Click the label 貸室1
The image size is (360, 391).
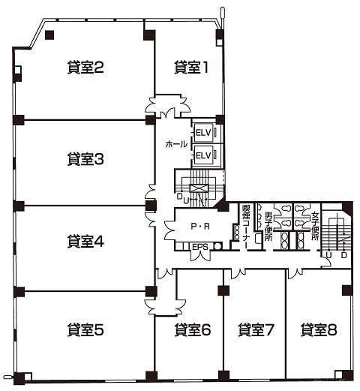pos(191,68)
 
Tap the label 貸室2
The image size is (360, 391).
pos(85,68)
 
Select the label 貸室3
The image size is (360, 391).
pos(85,158)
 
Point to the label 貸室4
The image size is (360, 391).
pos(85,241)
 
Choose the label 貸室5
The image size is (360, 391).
pos(85,329)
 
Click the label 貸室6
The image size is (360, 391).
pos(193,329)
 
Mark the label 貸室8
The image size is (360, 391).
pos(319,329)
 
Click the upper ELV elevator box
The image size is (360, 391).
pos(203,132)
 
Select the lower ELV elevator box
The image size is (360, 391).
pos(203,155)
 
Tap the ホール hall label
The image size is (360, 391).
pos(176,144)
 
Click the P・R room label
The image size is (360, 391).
pos(200,226)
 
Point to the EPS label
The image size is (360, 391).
pos(200,247)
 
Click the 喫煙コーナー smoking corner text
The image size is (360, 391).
pos(246,227)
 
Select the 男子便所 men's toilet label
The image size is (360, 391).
pos(268,227)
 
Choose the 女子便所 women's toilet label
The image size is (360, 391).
pos(315,226)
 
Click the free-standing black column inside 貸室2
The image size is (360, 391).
pos(49,35)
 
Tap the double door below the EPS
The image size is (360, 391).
pos(200,256)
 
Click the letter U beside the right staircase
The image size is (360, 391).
pos(328,255)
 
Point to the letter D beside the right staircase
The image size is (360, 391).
pos(344,255)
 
